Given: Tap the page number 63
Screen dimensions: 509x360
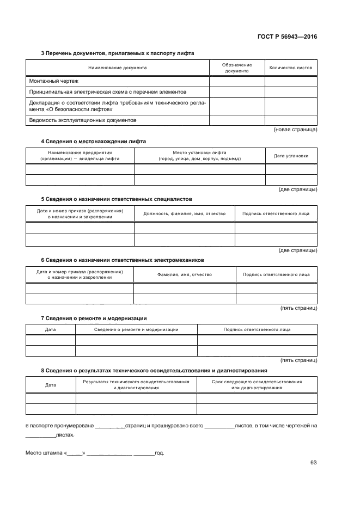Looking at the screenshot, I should [313, 463].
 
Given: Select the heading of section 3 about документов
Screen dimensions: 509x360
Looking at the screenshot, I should [118, 53].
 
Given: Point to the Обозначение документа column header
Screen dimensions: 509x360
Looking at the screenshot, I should [237, 68].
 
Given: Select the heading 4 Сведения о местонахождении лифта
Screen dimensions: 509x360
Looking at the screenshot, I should [94, 142].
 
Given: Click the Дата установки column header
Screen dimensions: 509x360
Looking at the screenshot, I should [291, 156].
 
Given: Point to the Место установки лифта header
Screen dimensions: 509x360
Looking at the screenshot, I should [199, 156].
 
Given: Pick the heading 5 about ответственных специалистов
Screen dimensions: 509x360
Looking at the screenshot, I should [117, 199].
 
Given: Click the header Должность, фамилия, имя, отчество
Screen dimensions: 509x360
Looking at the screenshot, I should [184, 214].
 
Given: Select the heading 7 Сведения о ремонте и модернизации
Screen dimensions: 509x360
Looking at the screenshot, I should [94, 318].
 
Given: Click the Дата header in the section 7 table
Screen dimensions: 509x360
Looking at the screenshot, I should [50, 329].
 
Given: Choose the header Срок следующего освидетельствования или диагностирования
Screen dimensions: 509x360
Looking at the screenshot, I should [257, 385].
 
